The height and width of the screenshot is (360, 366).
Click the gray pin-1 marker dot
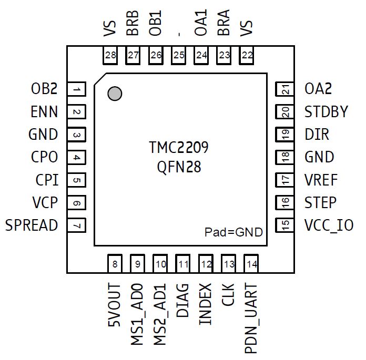click(x=114, y=94)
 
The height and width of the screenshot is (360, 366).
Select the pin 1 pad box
click(x=77, y=90)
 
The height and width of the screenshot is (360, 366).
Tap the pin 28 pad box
click(x=110, y=55)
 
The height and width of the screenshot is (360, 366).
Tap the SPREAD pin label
click(x=32, y=225)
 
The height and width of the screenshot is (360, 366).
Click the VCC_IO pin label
click(x=329, y=225)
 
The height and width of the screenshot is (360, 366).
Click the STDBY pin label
click(x=326, y=112)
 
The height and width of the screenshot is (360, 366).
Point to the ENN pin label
click(x=44, y=112)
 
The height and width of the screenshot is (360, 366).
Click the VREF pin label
click(x=321, y=180)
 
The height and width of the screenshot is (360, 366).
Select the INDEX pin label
click(x=206, y=304)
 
